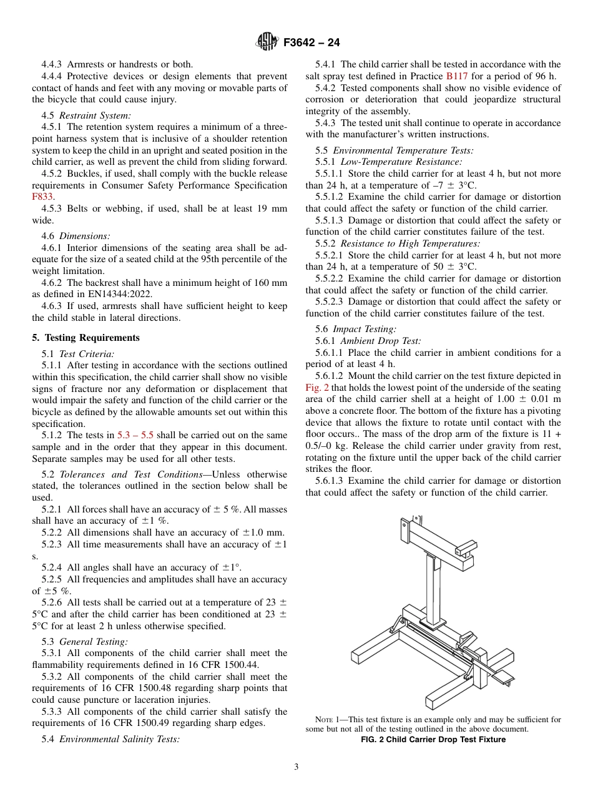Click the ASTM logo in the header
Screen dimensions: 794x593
coord(267,42)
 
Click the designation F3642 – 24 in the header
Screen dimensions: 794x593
coord(311,43)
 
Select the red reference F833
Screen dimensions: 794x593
coord(41,197)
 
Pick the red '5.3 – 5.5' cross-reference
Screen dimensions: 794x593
coord(136,435)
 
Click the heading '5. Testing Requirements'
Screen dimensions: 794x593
coord(86,338)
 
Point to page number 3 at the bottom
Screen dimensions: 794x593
coord(296,767)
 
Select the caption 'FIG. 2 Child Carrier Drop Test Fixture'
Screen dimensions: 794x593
coord(433,740)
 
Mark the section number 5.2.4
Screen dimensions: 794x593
coord(52,567)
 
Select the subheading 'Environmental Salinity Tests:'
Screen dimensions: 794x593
coord(119,739)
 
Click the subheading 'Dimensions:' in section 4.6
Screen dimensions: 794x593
coord(85,236)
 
